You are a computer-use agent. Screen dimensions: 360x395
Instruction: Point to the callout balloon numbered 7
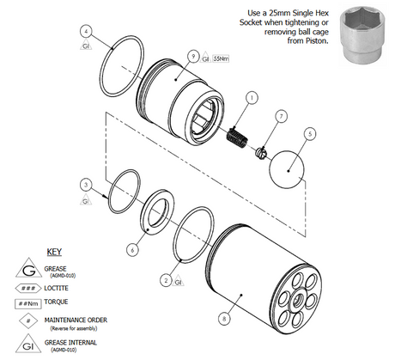click(x=280, y=115)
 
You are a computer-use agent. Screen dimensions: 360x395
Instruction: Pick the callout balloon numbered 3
click(x=85, y=184)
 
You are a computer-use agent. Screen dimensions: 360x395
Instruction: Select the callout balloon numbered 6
click(x=131, y=249)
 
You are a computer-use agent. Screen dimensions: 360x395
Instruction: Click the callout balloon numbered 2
click(x=165, y=278)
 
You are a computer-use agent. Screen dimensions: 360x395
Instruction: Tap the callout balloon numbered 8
click(x=223, y=318)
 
